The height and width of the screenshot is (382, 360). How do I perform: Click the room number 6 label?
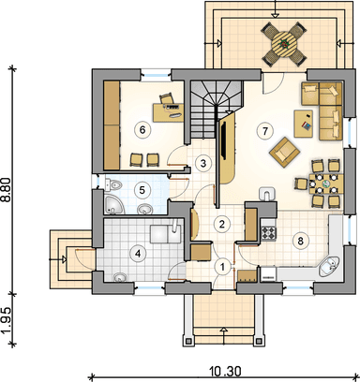(x=142, y=130)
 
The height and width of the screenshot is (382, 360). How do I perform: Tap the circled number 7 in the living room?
(x=265, y=131)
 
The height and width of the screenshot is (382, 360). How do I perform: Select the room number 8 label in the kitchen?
(x=300, y=241)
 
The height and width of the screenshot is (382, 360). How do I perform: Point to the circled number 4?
(x=137, y=254)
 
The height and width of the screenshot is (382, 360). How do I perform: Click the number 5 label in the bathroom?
(x=142, y=190)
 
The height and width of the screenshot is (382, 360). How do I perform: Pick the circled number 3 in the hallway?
(x=203, y=163)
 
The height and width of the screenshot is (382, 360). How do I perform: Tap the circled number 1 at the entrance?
(x=222, y=267)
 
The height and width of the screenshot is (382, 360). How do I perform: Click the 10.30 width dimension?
(x=225, y=372)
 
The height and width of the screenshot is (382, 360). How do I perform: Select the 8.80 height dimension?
(x=7, y=190)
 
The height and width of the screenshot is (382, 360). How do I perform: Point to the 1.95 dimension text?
(x=7, y=320)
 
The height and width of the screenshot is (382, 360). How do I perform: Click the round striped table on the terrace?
(x=284, y=44)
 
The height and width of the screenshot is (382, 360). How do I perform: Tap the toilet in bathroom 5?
(x=113, y=184)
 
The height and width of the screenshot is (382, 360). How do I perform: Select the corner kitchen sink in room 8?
(x=329, y=267)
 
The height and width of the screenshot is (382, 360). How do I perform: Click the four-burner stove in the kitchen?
(x=269, y=233)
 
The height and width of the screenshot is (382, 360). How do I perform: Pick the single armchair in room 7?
(x=285, y=152)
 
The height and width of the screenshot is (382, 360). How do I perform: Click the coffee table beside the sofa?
(x=304, y=124)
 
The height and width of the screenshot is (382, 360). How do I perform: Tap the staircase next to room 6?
(x=217, y=110)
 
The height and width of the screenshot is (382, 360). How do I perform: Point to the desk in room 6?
(x=168, y=112)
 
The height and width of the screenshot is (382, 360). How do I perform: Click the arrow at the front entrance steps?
(x=224, y=335)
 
